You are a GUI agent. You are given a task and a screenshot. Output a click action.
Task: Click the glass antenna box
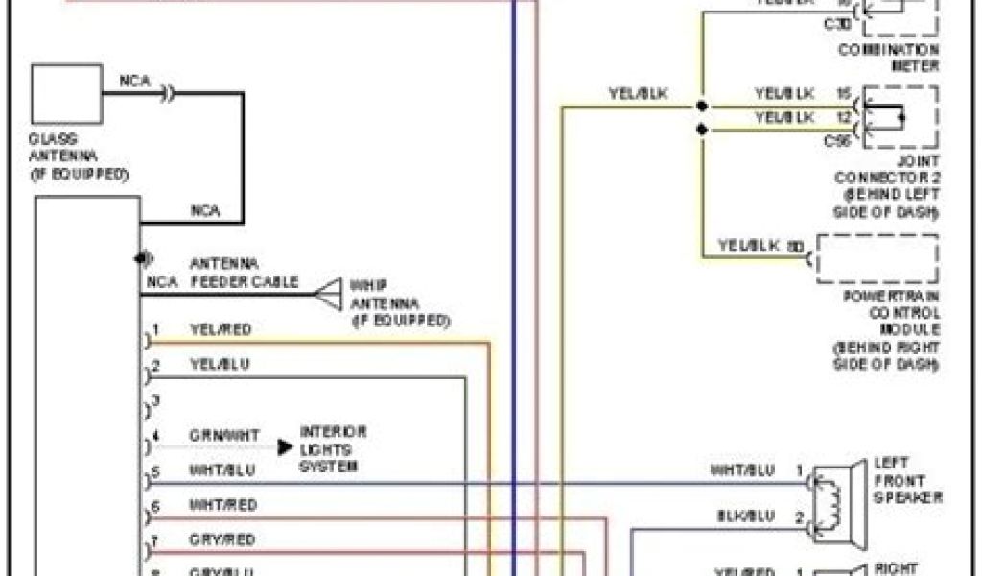66,94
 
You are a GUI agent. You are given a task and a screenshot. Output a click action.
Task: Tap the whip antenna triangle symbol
329,294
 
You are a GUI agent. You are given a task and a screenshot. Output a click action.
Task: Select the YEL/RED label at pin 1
221,329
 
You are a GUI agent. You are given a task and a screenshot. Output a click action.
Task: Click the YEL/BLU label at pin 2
220,365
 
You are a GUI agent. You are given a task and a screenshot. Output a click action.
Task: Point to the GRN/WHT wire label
223,435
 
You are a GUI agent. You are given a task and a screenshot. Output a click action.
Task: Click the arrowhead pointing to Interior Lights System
285,446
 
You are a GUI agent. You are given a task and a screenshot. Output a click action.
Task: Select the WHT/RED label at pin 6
222,505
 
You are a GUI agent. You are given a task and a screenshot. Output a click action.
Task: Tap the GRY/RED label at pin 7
222,540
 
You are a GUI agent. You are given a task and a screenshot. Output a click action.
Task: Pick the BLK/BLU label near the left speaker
745,516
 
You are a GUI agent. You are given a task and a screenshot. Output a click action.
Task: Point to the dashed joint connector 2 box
900,117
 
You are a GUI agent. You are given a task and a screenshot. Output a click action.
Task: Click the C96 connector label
837,140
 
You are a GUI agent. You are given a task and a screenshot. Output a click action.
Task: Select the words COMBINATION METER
888,58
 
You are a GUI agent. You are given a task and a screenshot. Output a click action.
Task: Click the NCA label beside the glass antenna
134,81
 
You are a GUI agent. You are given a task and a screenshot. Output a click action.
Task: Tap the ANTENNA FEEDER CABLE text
244,273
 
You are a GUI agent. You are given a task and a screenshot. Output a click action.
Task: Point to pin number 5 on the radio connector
154,470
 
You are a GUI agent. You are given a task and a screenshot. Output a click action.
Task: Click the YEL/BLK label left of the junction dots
638,93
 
